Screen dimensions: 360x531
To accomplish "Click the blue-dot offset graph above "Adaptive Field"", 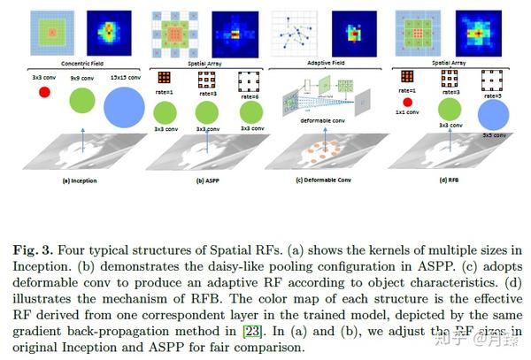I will click(298, 35).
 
